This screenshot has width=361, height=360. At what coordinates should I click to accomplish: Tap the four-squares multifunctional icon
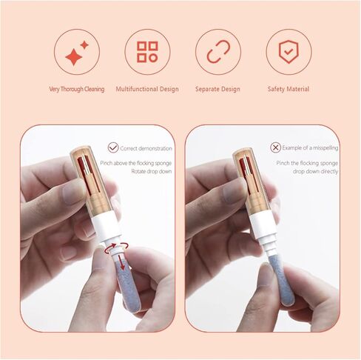point(147,52)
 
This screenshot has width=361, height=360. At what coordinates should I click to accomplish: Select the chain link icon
point(218,52)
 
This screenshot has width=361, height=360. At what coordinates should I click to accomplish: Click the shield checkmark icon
point(289,52)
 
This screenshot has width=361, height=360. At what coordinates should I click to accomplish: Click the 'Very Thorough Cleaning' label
point(77,90)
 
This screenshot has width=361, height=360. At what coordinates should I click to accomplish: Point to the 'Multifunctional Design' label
point(147,90)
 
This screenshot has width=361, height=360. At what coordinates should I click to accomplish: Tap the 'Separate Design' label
point(217,90)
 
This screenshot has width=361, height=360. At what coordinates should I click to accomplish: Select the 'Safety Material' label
point(289,90)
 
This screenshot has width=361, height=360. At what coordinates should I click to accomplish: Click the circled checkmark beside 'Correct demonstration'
point(113,147)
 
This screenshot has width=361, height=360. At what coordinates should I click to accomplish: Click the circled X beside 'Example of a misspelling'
point(276,147)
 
